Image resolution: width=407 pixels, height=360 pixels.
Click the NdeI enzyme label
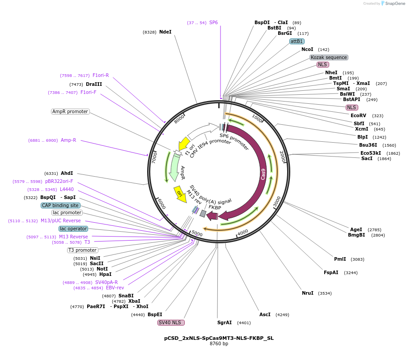pyautogui.click(x=165, y=32)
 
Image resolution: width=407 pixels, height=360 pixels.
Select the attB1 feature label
pyautogui.click(x=297, y=41)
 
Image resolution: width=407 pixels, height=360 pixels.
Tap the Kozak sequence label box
pyautogui.click(x=329, y=57)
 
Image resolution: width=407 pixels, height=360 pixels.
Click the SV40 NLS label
pyautogui.click(x=171, y=322)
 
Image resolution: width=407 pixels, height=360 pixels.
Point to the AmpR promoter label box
pyautogui.click(x=70, y=111)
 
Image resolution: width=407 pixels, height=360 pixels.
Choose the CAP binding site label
pyautogui.click(x=60, y=205)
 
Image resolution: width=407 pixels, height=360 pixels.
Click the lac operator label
pyautogui.click(x=73, y=229)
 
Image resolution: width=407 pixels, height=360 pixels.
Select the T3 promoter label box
pyautogui.click(x=83, y=250)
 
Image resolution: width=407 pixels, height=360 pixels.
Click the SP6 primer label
pyautogui.click(x=213, y=22)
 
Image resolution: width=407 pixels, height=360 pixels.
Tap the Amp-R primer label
pyautogui.click(x=68, y=140)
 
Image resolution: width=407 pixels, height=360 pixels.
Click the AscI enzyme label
pyautogui.click(x=265, y=314)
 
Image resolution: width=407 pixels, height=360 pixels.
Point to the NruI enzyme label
pyautogui.click(x=307, y=293)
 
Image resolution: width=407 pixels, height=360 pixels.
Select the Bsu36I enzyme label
pyautogui.click(x=368, y=145)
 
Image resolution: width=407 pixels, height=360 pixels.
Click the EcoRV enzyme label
pyautogui.click(x=358, y=115)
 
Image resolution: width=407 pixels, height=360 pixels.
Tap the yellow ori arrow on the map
pyautogui.click(x=180, y=194)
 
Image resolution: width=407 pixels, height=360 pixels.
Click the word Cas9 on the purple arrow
pyautogui.click(x=263, y=174)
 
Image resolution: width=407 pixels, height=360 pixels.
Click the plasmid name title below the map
pyautogui.click(x=219, y=338)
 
